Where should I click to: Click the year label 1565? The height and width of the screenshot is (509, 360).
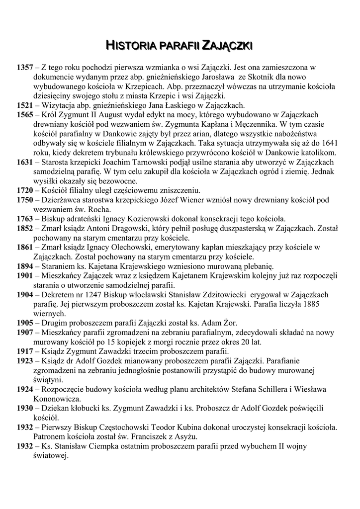click(24, 114)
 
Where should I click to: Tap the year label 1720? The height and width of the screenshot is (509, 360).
click(24, 190)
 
